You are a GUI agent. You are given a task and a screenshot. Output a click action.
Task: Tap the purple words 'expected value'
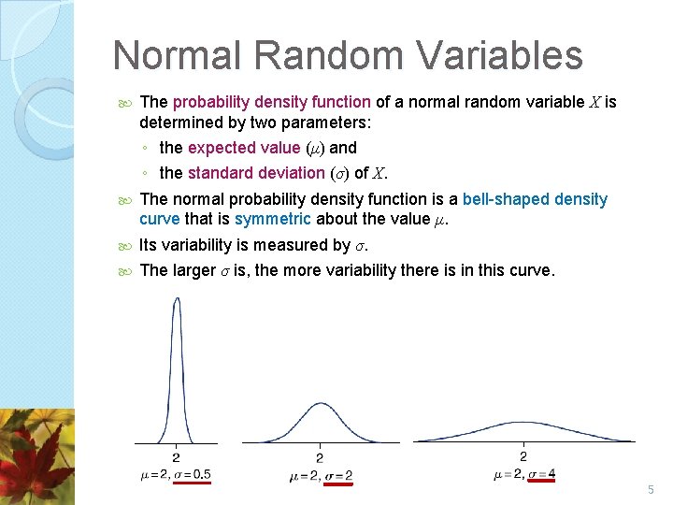[245, 148]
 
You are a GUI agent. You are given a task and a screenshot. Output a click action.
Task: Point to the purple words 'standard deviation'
[254, 173]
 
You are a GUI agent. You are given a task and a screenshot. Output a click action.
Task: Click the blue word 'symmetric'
[273, 219]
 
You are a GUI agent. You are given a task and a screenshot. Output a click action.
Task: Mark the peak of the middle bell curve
[320, 405]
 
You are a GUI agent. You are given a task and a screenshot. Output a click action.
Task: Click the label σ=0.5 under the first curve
[191, 475]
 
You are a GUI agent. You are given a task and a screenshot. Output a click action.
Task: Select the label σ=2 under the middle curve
[335, 476]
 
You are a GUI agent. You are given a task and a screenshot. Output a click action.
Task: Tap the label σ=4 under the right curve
[541, 474]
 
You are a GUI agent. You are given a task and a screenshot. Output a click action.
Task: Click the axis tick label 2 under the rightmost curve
[523, 456]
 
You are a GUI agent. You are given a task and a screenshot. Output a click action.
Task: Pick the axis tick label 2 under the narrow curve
[177, 458]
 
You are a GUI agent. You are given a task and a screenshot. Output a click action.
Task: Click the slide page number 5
[652, 490]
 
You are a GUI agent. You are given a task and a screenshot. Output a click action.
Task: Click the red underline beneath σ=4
[541, 483]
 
